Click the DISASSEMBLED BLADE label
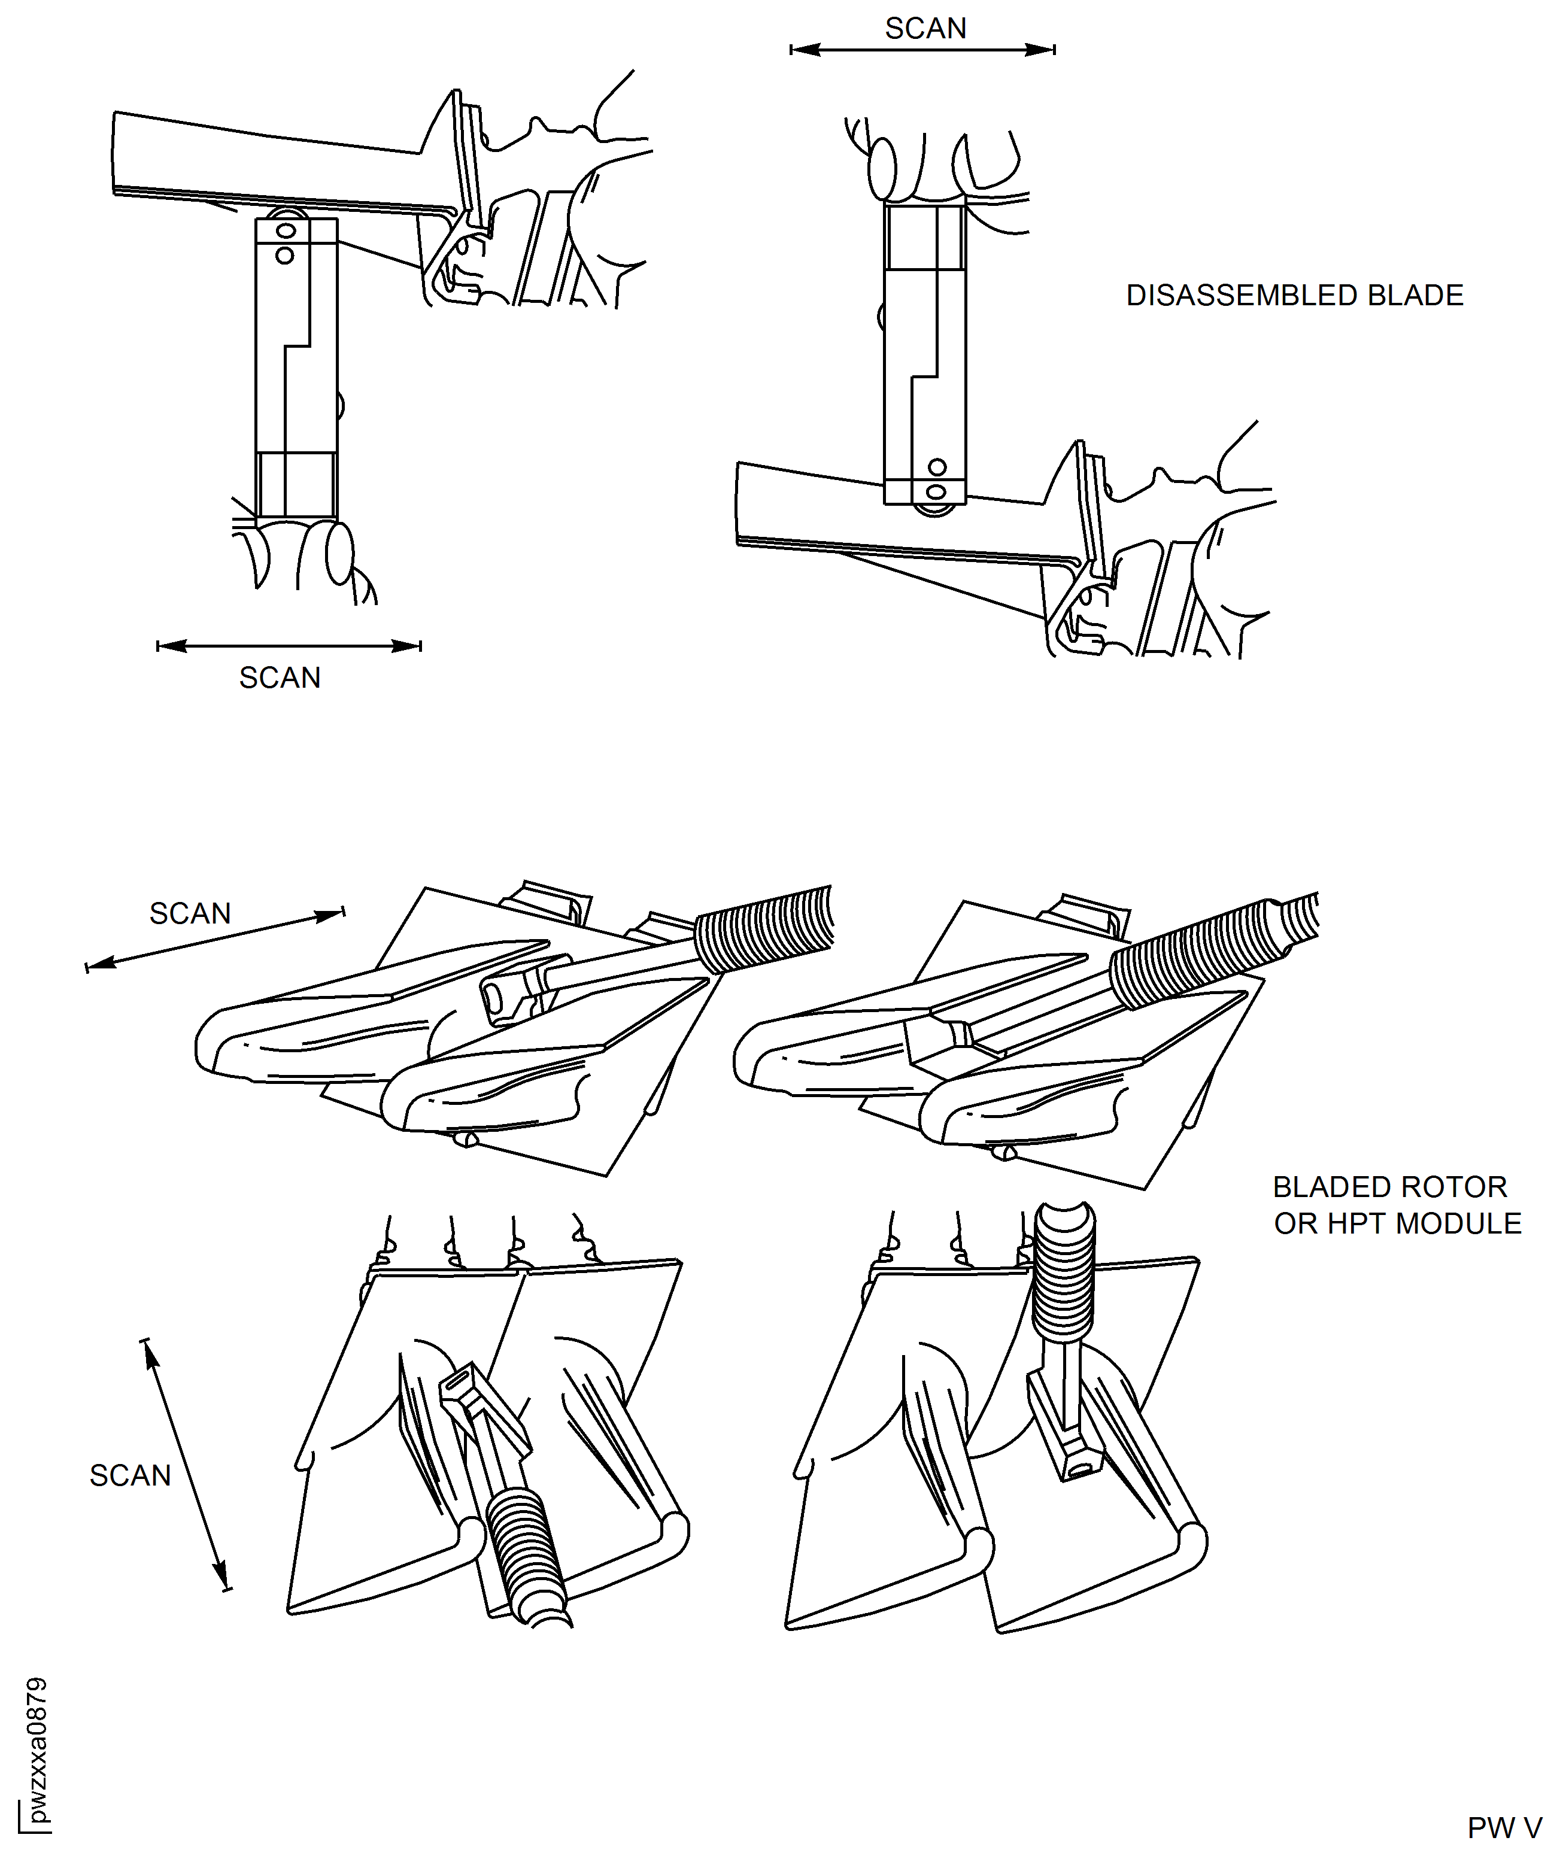1294,296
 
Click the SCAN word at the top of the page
925,29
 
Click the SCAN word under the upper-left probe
280,678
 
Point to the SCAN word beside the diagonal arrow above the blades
190,913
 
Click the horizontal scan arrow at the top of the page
922,50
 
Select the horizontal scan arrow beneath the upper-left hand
289,646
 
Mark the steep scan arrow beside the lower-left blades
186,1466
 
